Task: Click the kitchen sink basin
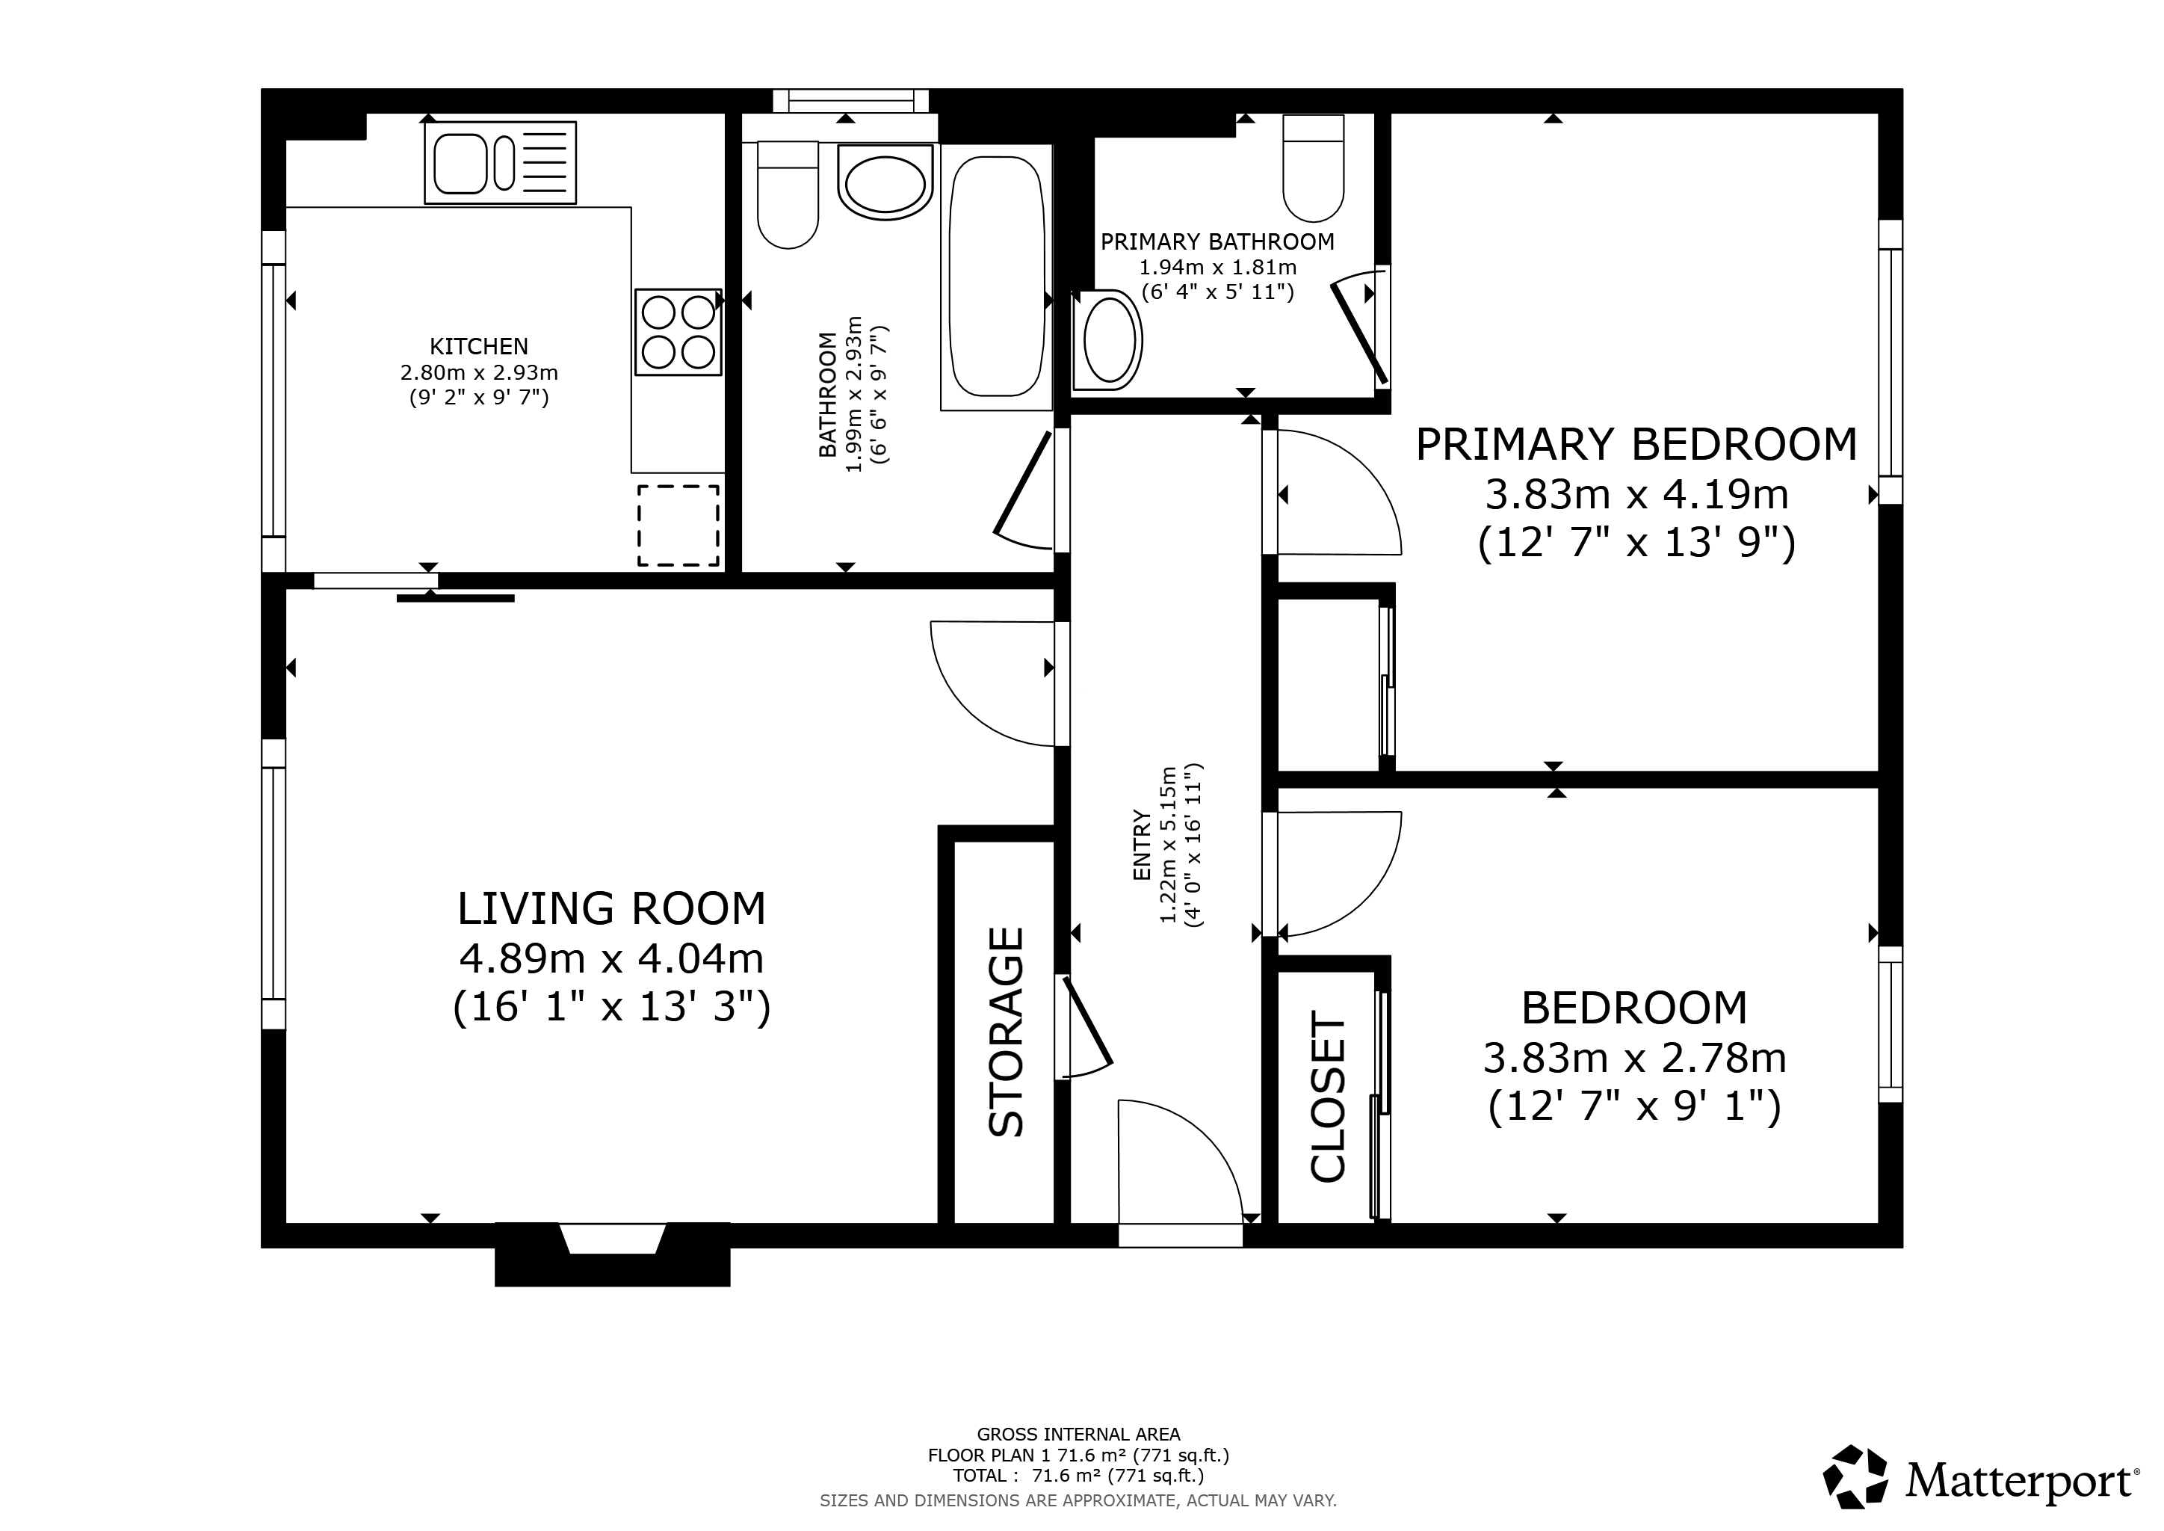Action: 460,163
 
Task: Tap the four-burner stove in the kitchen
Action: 678,332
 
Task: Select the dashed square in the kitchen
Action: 678,526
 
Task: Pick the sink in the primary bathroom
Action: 1108,339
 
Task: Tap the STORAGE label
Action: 1006,1032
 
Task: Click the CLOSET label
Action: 1328,1097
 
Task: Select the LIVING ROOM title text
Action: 612,909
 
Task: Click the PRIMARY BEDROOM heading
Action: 1636,444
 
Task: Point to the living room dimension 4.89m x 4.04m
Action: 612,959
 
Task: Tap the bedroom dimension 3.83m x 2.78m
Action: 1635,1059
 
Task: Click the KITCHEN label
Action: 479,346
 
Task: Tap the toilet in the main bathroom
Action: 788,195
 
